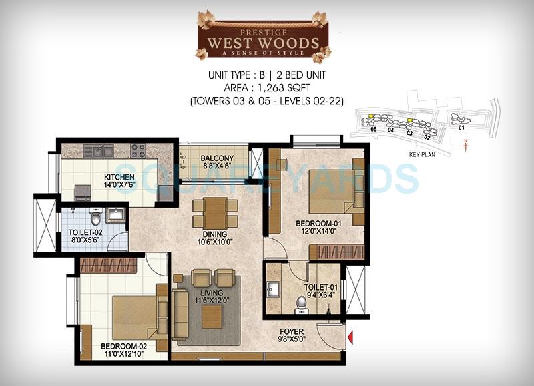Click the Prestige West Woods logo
(x=262, y=35)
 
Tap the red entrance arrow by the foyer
(x=350, y=339)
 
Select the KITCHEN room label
(x=119, y=177)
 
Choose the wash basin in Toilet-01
(x=274, y=290)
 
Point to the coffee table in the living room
(x=211, y=316)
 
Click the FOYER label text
(x=292, y=331)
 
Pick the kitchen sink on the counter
(x=103, y=152)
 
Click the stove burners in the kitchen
(x=138, y=150)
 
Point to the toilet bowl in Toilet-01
(x=302, y=303)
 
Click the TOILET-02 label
(x=83, y=234)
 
